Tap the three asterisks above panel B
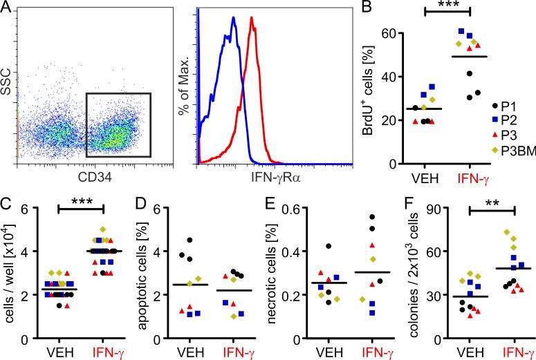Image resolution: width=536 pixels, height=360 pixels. coord(444,10)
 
